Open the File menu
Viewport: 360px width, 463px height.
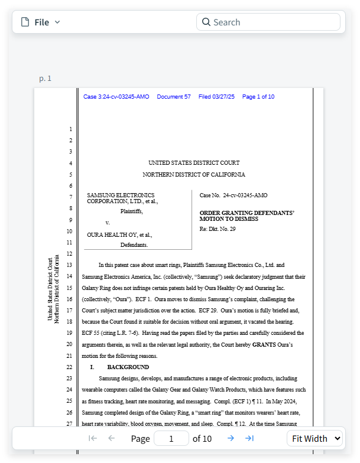[41, 22]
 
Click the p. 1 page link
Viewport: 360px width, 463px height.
[46, 79]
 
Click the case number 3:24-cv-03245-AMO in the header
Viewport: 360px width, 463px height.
[116, 97]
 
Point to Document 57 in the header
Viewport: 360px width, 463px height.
[174, 97]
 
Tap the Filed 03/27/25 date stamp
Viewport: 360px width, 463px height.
[216, 97]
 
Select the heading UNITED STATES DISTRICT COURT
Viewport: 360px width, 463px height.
[194, 163]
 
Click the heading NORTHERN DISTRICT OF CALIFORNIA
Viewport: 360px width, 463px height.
[194, 175]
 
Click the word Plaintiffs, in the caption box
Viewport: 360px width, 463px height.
[131, 211]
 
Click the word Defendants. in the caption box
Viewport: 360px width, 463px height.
[134, 244]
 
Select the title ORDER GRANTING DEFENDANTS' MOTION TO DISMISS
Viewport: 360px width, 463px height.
[247, 216]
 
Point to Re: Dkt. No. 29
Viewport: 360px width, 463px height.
[218, 229]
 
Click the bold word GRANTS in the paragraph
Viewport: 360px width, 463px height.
[264, 344]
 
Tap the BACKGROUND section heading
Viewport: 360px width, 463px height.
[128, 367]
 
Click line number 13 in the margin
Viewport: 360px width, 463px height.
[70, 265]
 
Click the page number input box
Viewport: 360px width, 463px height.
[171, 438]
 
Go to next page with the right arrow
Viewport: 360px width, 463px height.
[231, 438]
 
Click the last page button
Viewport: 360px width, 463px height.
[249, 438]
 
